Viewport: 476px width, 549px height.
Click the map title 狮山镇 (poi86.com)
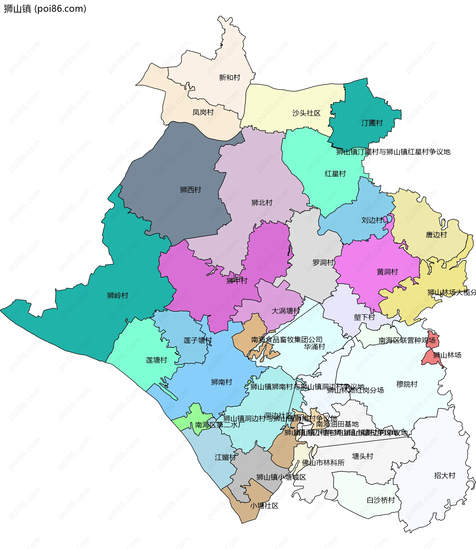(45, 9)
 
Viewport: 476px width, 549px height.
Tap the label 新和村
(230, 78)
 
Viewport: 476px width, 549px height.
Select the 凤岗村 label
(203, 112)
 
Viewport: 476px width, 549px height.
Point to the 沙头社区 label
(306, 113)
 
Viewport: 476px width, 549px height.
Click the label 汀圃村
(372, 123)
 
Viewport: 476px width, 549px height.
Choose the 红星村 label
(335, 174)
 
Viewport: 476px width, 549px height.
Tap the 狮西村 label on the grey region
(190, 190)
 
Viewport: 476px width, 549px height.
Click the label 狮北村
(262, 203)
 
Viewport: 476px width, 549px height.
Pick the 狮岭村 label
(118, 295)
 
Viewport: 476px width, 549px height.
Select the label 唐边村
(436, 235)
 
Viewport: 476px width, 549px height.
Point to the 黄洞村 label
(387, 272)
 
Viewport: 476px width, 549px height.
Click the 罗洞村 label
(323, 263)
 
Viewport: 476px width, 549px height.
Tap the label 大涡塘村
(286, 311)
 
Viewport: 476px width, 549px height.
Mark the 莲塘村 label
(156, 360)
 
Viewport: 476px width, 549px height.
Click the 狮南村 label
(222, 382)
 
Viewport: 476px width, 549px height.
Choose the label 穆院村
(407, 384)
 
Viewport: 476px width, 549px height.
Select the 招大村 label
(445, 475)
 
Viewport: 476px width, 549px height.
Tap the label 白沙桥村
(381, 500)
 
